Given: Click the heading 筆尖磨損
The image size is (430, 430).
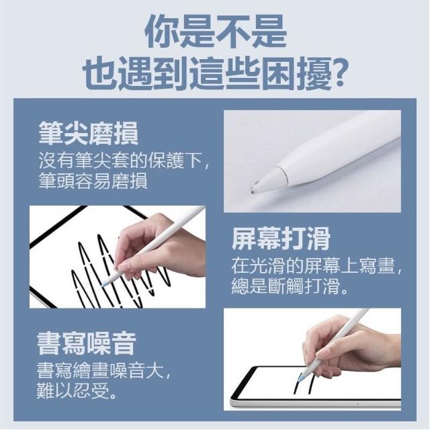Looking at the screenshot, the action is click(x=88, y=133).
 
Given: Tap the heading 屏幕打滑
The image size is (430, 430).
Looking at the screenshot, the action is click(x=281, y=239).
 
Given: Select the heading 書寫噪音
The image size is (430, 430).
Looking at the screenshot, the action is click(x=87, y=343).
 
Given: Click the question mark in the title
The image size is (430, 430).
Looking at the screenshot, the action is click(x=339, y=73).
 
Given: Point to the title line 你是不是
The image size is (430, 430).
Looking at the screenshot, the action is click(x=215, y=31).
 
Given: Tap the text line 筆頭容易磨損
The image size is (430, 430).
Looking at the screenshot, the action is click(x=93, y=181).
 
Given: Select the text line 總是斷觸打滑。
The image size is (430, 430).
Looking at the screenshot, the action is click(x=290, y=286).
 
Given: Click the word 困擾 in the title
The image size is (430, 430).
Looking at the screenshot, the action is click(x=296, y=73).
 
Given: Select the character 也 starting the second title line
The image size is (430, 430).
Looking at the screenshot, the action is click(x=99, y=73).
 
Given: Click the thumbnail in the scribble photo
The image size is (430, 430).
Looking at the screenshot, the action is click(x=124, y=266).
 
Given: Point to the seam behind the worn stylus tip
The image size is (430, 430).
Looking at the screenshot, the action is click(x=284, y=176).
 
